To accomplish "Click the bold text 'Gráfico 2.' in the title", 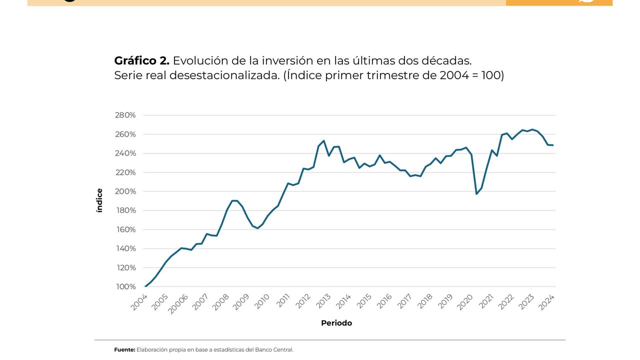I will (x=141, y=61).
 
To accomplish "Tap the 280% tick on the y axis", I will (x=125, y=115).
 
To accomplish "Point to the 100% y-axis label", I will (x=125, y=287).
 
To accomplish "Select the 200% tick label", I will (x=125, y=191).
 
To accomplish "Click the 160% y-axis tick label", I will (x=125, y=230).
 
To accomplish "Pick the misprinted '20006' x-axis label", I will (x=178, y=303).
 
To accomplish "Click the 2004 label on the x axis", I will (x=139, y=302).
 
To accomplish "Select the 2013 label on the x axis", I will (x=323, y=302).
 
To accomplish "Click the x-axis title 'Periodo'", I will (x=336, y=323).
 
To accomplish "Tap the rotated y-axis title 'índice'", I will (x=99, y=200).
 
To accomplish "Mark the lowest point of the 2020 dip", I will (x=476, y=194).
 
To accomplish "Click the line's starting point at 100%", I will (x=145, y=286).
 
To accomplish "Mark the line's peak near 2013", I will (x=323, y=140).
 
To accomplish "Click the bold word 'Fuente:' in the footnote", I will (x=124, y=350).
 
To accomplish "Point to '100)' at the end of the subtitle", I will (x=492, y=76).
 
